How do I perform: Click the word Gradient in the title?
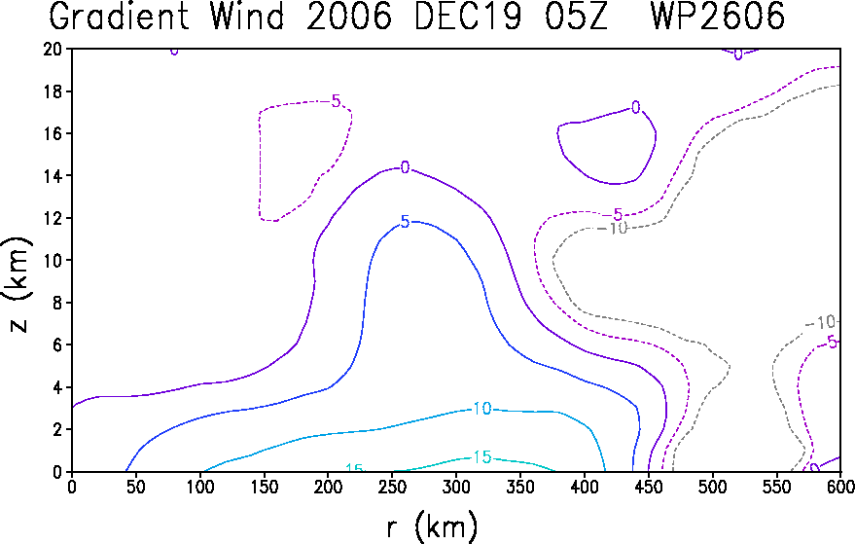(x=119, y=16)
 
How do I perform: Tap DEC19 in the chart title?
(x=467, y=16)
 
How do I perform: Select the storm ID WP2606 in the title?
(x=718, y=16)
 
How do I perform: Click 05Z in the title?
(x=576, y=16)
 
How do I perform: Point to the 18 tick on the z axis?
(x=53, y=91)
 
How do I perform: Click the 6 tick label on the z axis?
(x=57, y=345)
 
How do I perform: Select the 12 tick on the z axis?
(x=53, y=218)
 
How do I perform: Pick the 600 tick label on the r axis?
(x=839, y=487)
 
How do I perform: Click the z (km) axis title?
(x=19, y=284)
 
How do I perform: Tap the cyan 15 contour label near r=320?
(x=482, y=456)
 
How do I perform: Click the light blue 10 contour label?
(x=482, y=408)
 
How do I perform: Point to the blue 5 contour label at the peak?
(x=405, y=222)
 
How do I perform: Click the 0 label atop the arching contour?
(x=405, y=167)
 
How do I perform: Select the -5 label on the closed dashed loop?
(x=336, y=101)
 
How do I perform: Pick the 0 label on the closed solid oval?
(x=635, y=107)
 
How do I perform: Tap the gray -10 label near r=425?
(x=614, y=228)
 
